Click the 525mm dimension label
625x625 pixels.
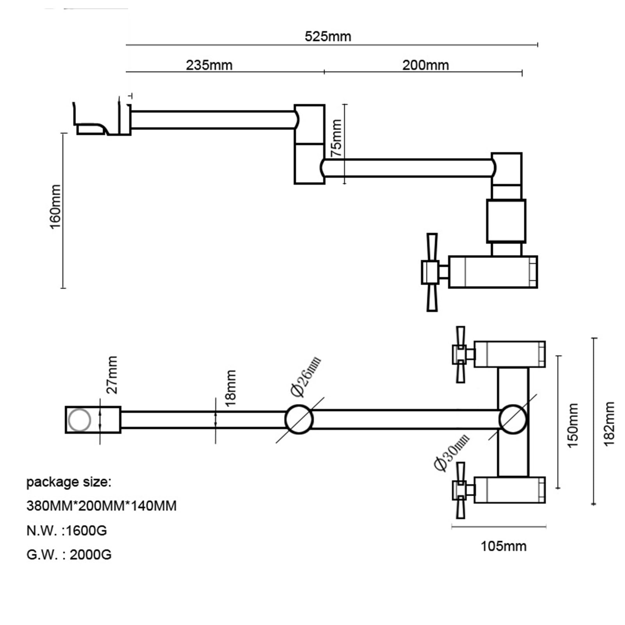(x=328, y=36)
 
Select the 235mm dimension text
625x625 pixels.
(x=209, y=65)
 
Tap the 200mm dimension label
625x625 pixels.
(x=425, y=65)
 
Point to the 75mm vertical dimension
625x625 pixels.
(x=336, y=138)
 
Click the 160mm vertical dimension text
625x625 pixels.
(x=55, y=207)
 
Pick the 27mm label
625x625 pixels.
(x=112, y=375)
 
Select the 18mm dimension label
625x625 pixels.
(x=230, y=388)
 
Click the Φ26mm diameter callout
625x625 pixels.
(x=305, y=376)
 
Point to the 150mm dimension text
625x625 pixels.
(x=572, y=425)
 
